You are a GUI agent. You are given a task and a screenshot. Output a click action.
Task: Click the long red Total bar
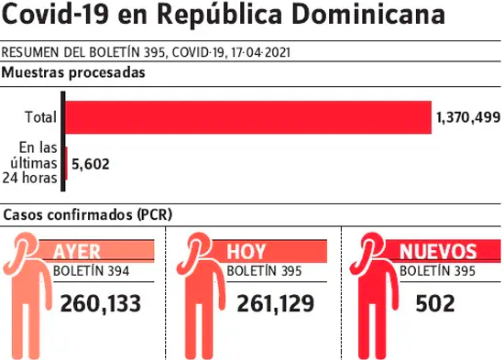pyautogui.click(x=248, y=117)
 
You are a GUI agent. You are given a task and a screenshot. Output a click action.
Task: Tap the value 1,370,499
pyautogui.click(x=468, y=117)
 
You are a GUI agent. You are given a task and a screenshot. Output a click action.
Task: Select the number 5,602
pyautogui.click(x=91, y=164)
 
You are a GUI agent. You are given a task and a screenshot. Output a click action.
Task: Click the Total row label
pyautogui.click(x=41, y=117)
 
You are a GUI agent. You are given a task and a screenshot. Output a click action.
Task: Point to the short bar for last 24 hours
pyautogui.click(x=66, y=163)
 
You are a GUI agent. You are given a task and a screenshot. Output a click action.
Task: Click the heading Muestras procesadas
pyautogui.click(x=73, y=72)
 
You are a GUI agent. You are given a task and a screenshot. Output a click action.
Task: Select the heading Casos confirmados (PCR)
pyautogui.click(x=88, y=214)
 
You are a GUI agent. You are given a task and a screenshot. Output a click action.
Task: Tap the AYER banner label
pyautogui.click(x=76, y=251)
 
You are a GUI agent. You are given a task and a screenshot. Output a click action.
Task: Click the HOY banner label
pyautogui.click(x=247, y=251)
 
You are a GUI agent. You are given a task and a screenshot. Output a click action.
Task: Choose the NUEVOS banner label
pyautogui.click(x=438, y=251)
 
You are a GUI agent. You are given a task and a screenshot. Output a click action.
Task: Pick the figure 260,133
pyautogui.click(x=101, y=303)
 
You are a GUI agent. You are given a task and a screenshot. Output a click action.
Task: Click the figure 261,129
pyautogui.click(x=276, y=303)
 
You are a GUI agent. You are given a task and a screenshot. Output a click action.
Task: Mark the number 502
pyautogui.click(x=435, y=303)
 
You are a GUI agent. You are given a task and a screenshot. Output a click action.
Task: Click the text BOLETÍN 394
pyautogui.click(x=91, y=271)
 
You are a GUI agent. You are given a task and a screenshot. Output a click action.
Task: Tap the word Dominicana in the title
pyautogui.click(x=368, y=14)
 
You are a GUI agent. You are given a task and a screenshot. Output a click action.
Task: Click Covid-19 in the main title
pyautogui.click(x=55, y=14)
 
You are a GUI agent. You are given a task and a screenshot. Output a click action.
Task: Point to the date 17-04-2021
pyautogui.click(x=260, y=52)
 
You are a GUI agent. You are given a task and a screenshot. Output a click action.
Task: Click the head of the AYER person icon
pyautogui.click(x=25, y=245)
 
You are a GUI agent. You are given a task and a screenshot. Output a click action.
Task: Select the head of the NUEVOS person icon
pyautogui.click(x=373, y=245)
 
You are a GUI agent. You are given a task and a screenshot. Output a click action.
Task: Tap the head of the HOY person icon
pyautogui.click(x=199, y=245)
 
